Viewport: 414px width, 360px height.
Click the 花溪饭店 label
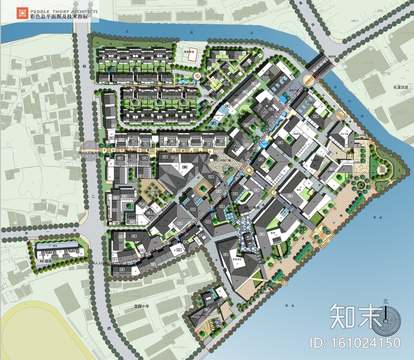click(400, 87)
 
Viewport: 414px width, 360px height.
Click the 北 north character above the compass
click(386, 301)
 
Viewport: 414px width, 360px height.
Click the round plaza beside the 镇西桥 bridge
click(309, 80)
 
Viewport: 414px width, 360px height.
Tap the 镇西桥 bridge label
click(322, 56)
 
